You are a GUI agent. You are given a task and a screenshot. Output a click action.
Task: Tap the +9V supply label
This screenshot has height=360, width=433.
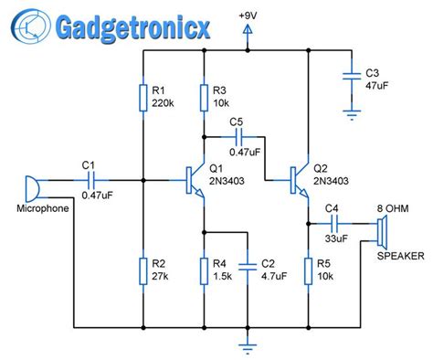(x=248, y=16)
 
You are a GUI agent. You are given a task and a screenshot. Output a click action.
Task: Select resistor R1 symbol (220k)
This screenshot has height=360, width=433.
(x=143, y=97)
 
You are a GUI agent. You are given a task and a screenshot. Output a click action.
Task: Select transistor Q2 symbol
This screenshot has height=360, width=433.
(x=301, y=180)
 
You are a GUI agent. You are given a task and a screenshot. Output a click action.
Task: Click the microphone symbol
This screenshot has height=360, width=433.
(x=30, y=188)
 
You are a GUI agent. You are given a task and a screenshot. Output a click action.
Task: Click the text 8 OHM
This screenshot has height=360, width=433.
(x=394, y=208)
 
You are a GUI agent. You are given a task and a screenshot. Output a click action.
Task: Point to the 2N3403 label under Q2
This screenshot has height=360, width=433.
(x=337, y=182)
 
